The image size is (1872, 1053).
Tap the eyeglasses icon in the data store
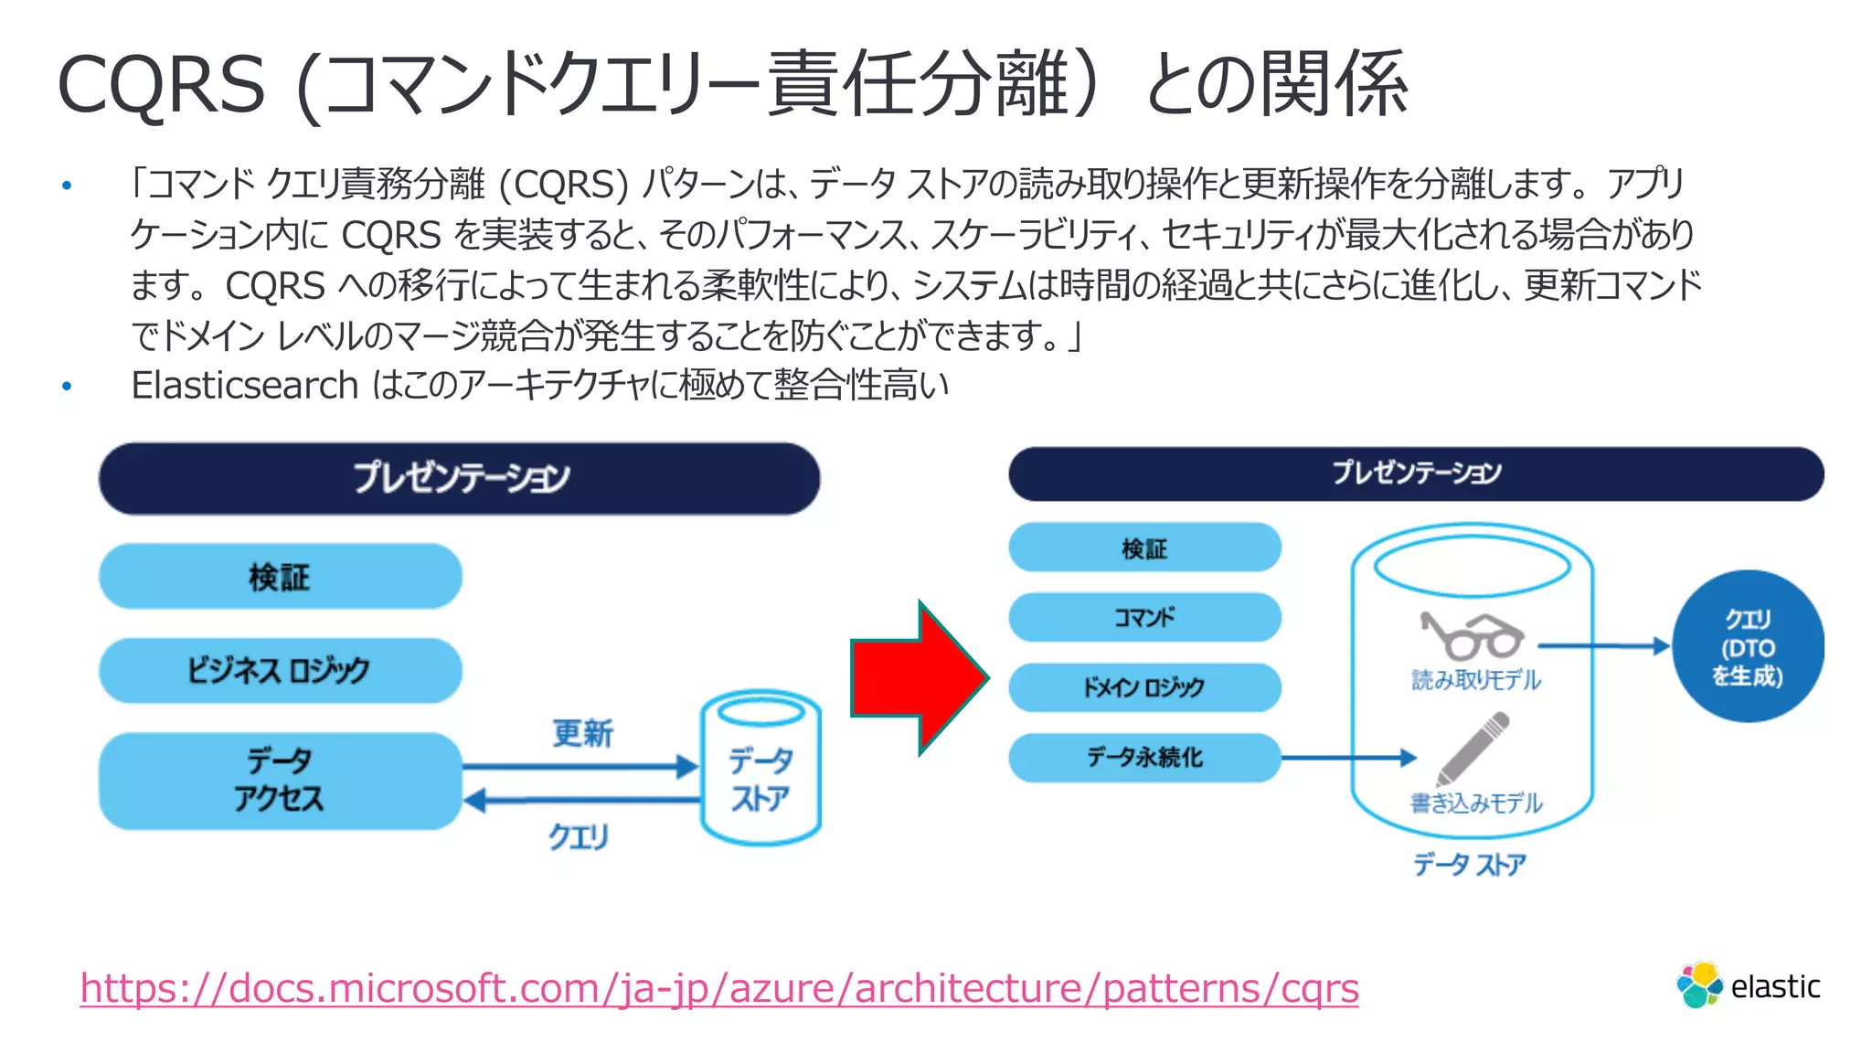[x=1471, y=635]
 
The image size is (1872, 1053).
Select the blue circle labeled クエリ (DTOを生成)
[x=1747, y=646]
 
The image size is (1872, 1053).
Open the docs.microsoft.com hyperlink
[x=718, y=988]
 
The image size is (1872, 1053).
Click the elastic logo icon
[x=1699, y=985]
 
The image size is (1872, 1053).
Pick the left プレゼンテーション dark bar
[x=459, y=478]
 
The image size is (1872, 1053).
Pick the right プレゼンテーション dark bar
[x=1415, y=473]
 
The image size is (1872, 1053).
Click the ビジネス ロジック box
[x=280, y=670]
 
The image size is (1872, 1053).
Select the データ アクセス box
[x=280, y=780]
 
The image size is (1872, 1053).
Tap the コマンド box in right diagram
[x=1144, y=617]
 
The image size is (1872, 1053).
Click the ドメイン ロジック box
[x=1144, y=687]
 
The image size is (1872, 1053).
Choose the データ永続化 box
[x=1144, y=757]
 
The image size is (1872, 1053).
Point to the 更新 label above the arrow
[x=582, y=733]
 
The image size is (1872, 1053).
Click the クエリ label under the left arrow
[x=579, y=835]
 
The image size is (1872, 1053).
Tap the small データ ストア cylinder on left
[x=760, y=768]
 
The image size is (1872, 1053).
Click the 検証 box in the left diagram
[x=280, y=577]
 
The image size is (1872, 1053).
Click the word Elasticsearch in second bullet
[x=244, y=386]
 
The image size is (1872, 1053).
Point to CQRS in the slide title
[x=161, y=84]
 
